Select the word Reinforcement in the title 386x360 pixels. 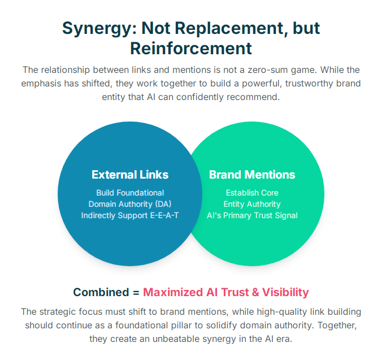point(191,48)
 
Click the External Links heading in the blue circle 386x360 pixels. point(130,175)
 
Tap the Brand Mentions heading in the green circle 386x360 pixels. point(252,175)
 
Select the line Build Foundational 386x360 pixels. point(130,193)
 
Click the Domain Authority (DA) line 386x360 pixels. point(130,204)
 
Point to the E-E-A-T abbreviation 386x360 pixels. point(164,215)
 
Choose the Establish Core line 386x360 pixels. point(252,193)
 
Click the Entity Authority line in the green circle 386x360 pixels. point(252,204)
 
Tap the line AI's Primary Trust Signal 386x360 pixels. point(252,215)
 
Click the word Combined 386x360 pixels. point(101,292)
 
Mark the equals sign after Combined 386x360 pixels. point(136,293)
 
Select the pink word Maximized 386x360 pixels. point(174,292)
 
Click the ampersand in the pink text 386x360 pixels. point(255,292)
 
